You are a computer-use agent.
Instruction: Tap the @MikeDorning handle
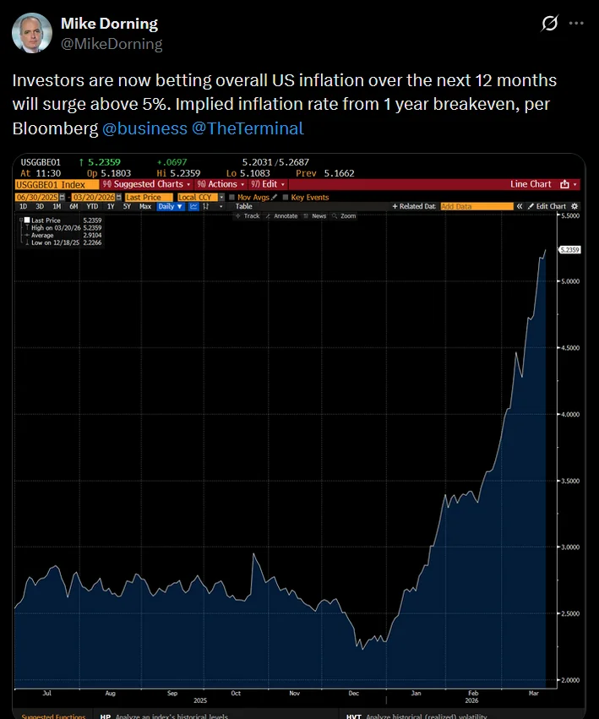(x=112, y=43)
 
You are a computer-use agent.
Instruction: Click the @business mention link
(x=144, y=128)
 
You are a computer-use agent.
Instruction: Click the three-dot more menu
(x=577, y=24)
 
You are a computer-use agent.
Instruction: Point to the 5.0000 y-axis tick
(x=570, y=282)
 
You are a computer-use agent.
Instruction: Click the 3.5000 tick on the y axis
(x=570, y=481)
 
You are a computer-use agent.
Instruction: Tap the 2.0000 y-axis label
(x=570, y=679)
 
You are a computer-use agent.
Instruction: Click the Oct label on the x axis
(x=236, y=693)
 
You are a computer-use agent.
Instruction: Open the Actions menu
(x=223, y=184)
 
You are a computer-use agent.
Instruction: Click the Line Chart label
(x=531, y=184)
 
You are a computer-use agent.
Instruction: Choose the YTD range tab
(x=92, y=206)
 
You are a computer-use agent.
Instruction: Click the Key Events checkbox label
(x=309, y=197)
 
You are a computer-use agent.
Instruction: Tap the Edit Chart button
(x=550, y=206)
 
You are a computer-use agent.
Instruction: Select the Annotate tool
(x=285, y=216)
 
